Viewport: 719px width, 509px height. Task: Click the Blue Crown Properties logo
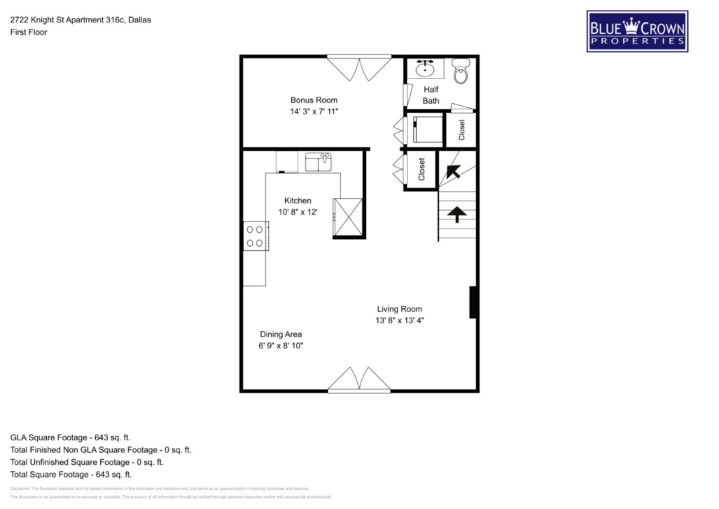point(637,31)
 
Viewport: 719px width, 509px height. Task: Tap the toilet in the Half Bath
point(461,71)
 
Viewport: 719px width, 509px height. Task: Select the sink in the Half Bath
point(425,68)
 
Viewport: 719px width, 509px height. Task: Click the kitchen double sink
point(318,162)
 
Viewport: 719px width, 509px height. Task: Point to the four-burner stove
point(256,236)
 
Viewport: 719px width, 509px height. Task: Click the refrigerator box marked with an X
point(348,217)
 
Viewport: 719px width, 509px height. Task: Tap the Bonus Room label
point(314,100)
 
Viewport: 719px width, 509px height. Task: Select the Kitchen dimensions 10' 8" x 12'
point(298,212)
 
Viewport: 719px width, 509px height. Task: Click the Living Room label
point(399,309)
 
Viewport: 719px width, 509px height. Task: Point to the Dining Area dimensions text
point(281,345)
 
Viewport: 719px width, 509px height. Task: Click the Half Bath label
point(431,95)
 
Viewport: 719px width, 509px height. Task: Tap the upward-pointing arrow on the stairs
point(457,214)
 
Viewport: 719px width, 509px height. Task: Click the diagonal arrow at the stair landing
point(453,171)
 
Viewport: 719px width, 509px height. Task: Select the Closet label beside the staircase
point(422,169)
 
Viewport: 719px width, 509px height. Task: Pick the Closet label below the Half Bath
point(462,130)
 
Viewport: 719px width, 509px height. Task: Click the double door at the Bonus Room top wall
point(359,67)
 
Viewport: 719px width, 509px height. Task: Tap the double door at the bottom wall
point(359,380)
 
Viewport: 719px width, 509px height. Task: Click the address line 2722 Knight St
point(80,20)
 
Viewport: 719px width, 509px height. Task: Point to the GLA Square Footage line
point(70,438)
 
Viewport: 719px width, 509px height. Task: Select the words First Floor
point(29,32)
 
